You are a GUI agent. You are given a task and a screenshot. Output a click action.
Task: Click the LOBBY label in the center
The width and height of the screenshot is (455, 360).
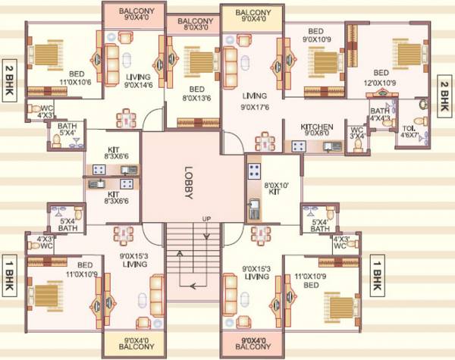tap(189, 183)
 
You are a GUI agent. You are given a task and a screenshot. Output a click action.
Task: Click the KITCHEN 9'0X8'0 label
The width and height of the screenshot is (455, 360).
tap(318, 131)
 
